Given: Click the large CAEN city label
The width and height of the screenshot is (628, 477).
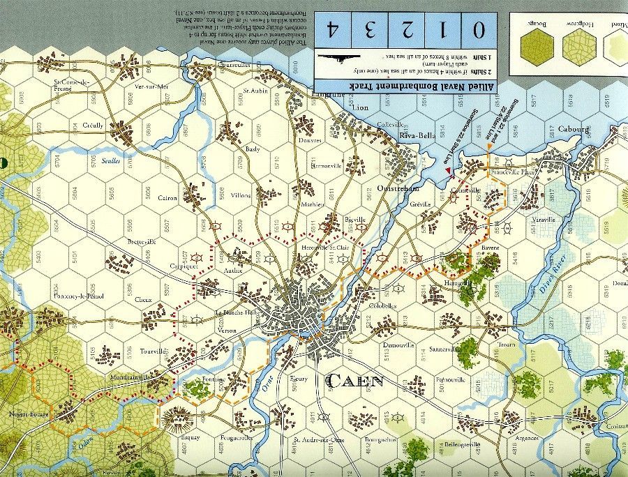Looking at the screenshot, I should (x=354, y=381).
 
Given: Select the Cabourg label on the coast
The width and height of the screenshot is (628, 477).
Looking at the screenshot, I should (x=574, y=129).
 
